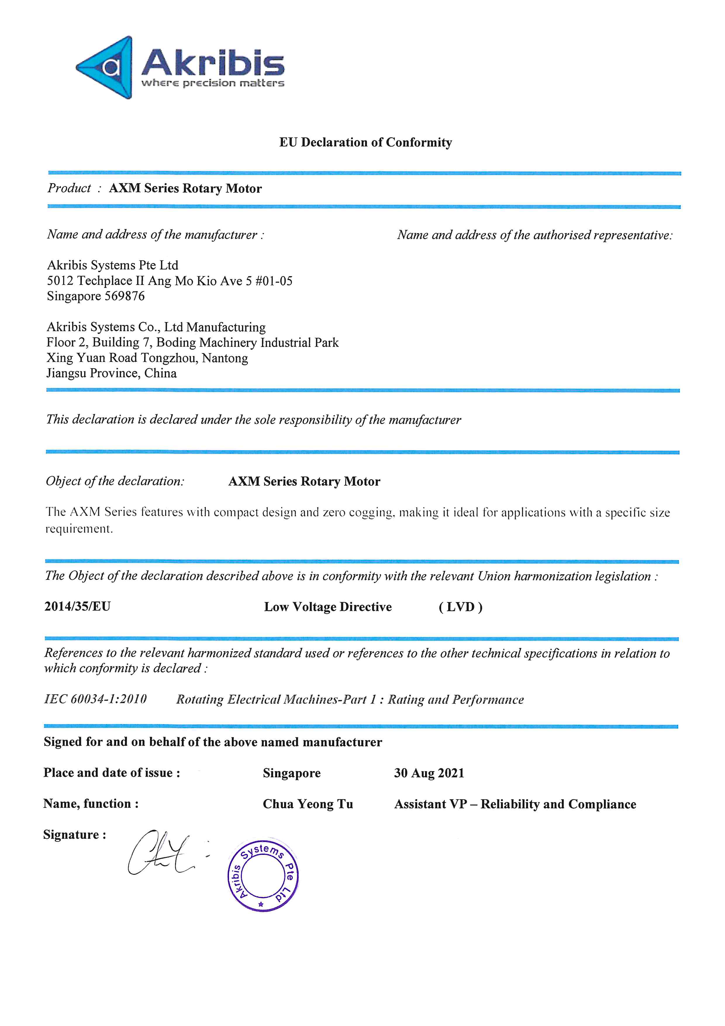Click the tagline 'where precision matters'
coord(213,83)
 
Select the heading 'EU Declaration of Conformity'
coord(366,142)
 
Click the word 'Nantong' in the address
coord(225,358)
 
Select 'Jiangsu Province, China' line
coord(112,373)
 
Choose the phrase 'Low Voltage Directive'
coord(328,607)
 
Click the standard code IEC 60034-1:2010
coord(96,699)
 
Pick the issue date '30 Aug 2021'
coord(429,773)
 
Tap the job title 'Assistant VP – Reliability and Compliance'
coord(515,804)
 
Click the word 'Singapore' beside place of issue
coord(291,773)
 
